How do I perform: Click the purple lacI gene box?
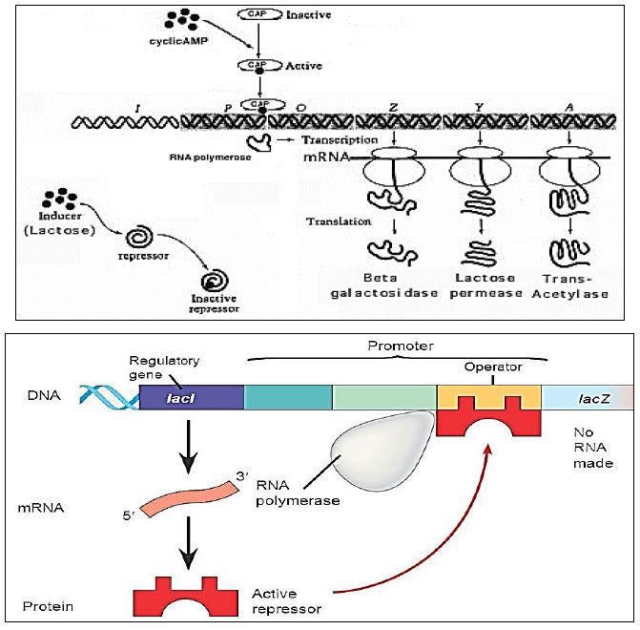click(192, 395)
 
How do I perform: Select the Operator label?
click(491, 367)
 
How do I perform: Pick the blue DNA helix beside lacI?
click(109, 396)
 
